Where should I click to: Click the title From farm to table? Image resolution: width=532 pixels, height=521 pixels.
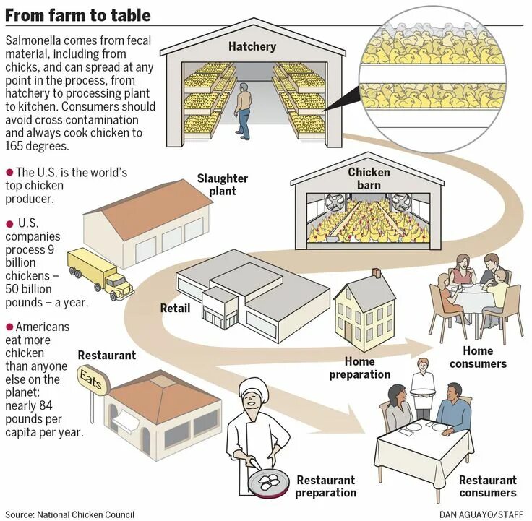(78, 14)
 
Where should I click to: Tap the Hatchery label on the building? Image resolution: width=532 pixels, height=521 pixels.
(252, 47)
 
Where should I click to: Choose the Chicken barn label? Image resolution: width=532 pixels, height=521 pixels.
(369, 178)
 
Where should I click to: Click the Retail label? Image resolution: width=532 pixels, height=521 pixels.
(176, 309)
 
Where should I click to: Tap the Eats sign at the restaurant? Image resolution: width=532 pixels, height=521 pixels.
(92, 381)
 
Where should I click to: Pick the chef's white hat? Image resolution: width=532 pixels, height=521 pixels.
(254, 387)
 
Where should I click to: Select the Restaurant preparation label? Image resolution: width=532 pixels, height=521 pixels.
(326, 486)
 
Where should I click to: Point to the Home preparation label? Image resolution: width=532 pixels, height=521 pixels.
(359, 368)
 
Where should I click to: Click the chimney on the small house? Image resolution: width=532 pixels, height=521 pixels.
(377, 273)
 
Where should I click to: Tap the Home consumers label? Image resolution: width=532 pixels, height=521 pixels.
(478, 357)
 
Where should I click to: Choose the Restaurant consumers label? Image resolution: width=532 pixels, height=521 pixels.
(488, 486)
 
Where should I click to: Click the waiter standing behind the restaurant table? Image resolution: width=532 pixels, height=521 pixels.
(422, 379)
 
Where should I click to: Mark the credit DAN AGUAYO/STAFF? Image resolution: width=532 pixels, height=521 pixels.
(481, 514)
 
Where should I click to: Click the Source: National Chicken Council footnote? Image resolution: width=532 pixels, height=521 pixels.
(69, 514)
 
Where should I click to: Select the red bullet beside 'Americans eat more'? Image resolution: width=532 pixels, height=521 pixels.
(9, 327)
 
